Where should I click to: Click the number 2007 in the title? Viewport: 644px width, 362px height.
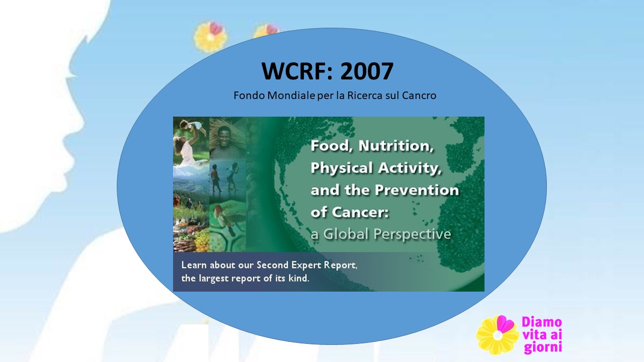tap(367, 71)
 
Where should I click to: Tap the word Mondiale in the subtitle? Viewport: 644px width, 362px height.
tap(291, 96)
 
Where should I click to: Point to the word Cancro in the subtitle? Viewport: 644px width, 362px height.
tap(419, 96)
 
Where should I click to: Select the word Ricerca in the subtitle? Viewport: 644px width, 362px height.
tap(365, 96)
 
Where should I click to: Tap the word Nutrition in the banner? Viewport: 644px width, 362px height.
tap(396, 146)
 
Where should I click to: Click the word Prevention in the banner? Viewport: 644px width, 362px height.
tap(417, 190)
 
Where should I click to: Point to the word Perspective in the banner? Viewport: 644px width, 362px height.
tap(412, 235)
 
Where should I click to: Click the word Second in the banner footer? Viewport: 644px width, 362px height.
tap(273, 265)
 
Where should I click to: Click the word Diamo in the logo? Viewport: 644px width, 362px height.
tap(542, 322)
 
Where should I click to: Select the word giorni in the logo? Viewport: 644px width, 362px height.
tap(543, 347)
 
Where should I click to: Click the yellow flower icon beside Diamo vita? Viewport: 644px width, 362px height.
tap(497, 335)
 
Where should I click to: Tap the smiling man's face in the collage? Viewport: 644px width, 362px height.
tap(224, 136)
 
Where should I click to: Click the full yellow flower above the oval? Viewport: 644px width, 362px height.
tap(210, 37)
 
